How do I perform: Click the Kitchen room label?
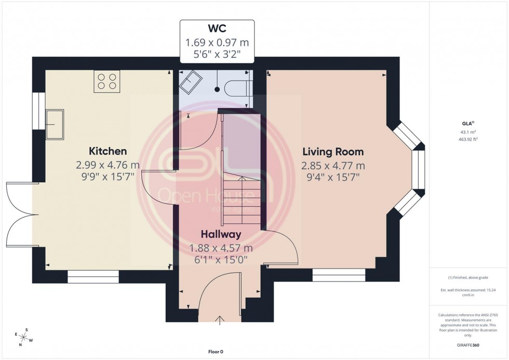pyautogui.click(x=108, y=151)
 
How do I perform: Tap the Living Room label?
pyautogui.click(x=333, y=152)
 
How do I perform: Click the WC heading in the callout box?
pyautogui.click(x=217, y=29)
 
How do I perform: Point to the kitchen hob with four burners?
pyautogui.click(x=107, y=82)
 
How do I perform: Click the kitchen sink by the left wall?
pyautogui.click(x=55, y=124)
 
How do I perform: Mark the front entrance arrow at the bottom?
pyautogui.click(x=220, y=319)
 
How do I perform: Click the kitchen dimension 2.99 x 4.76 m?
pyautogui.click(x=108, y=165)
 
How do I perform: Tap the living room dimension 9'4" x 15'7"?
pyautogui.click(x=333, y=177)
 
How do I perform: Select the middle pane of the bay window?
pyautogui.click(x=421, y=169)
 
